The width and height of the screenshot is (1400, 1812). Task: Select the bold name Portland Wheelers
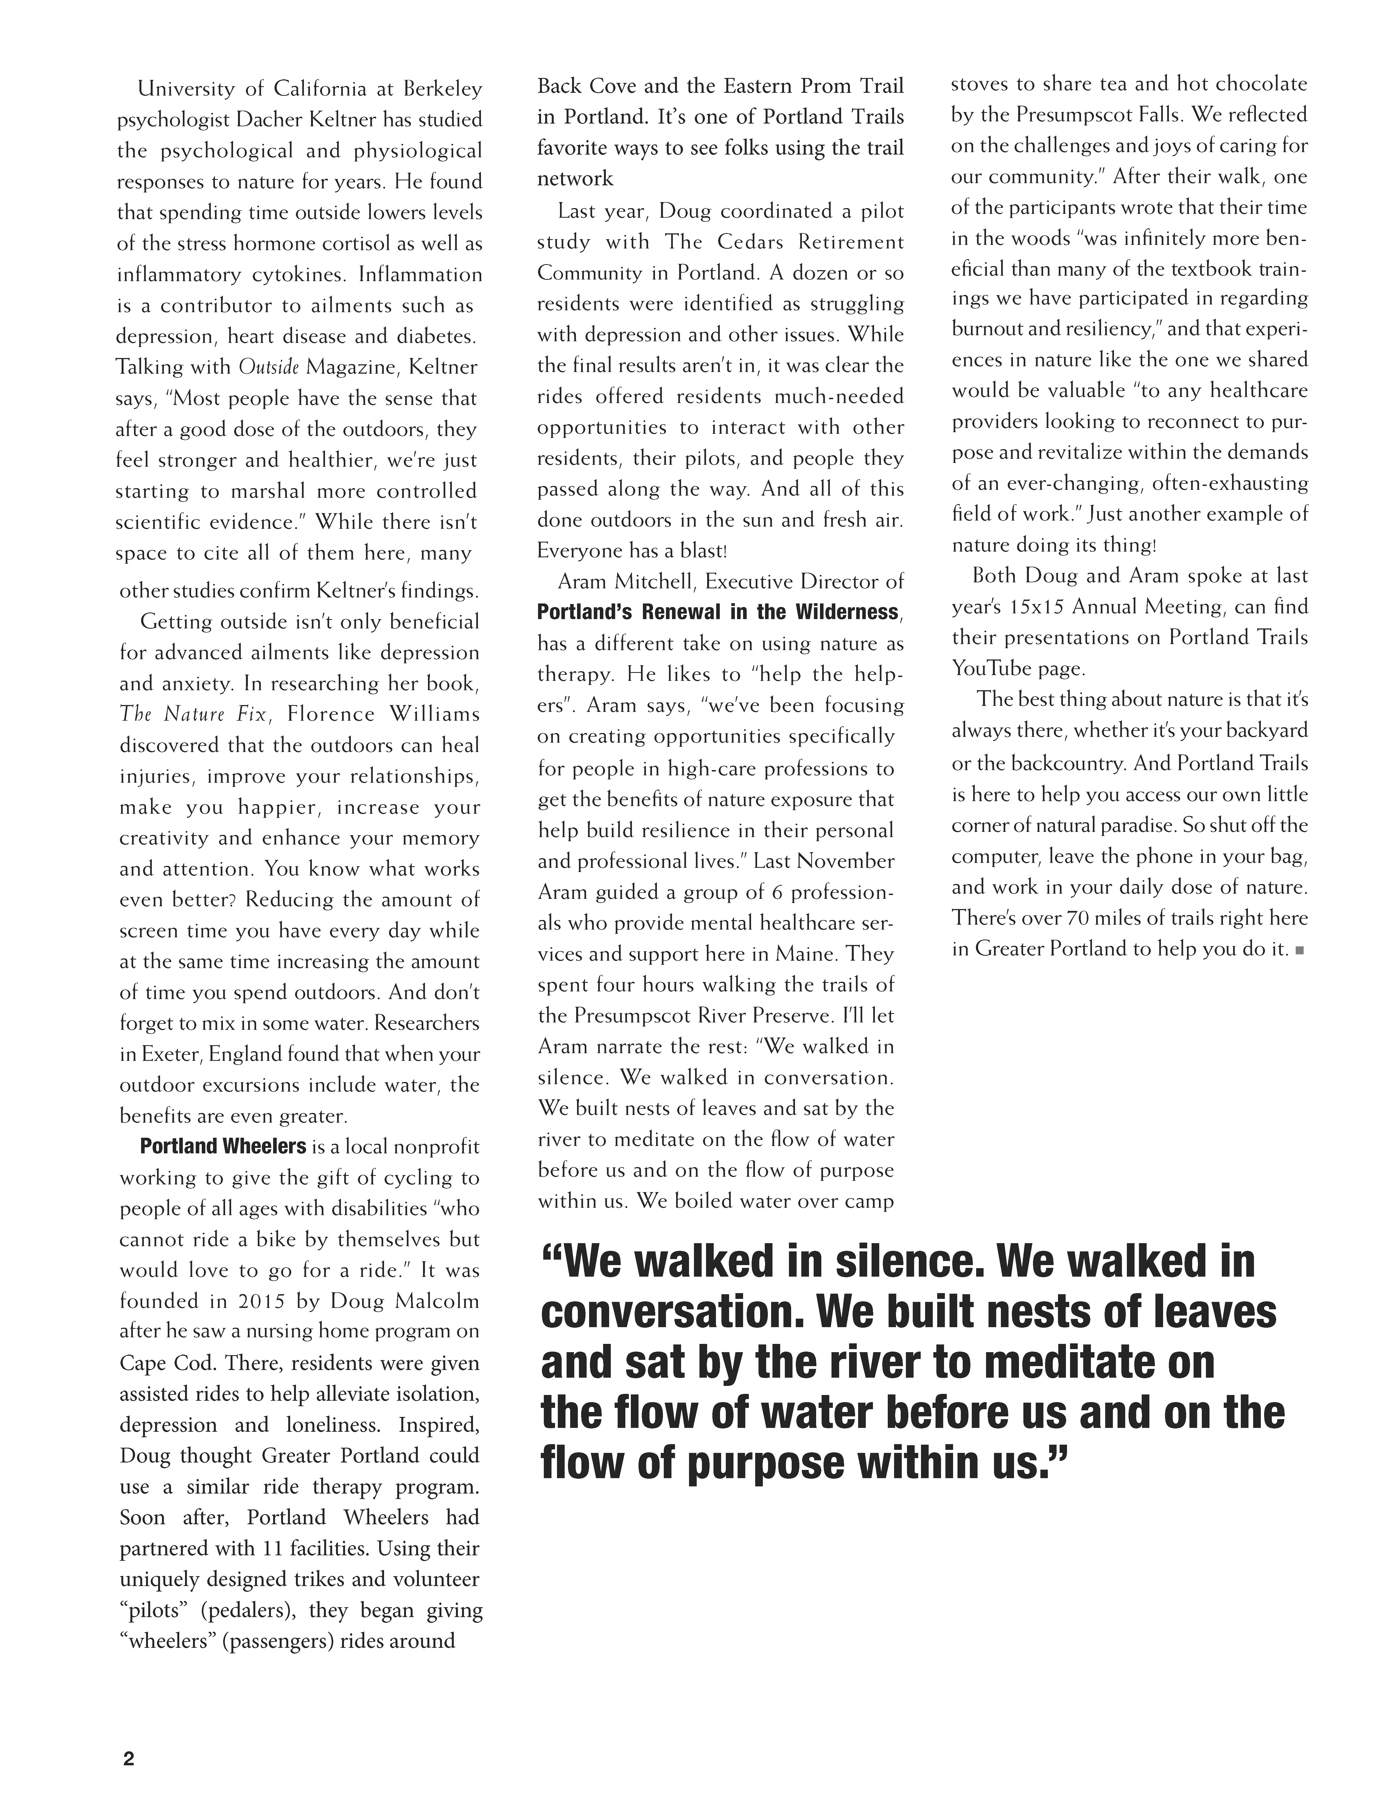(223, 1147)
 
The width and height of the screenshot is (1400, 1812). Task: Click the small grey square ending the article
(1300, 950)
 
